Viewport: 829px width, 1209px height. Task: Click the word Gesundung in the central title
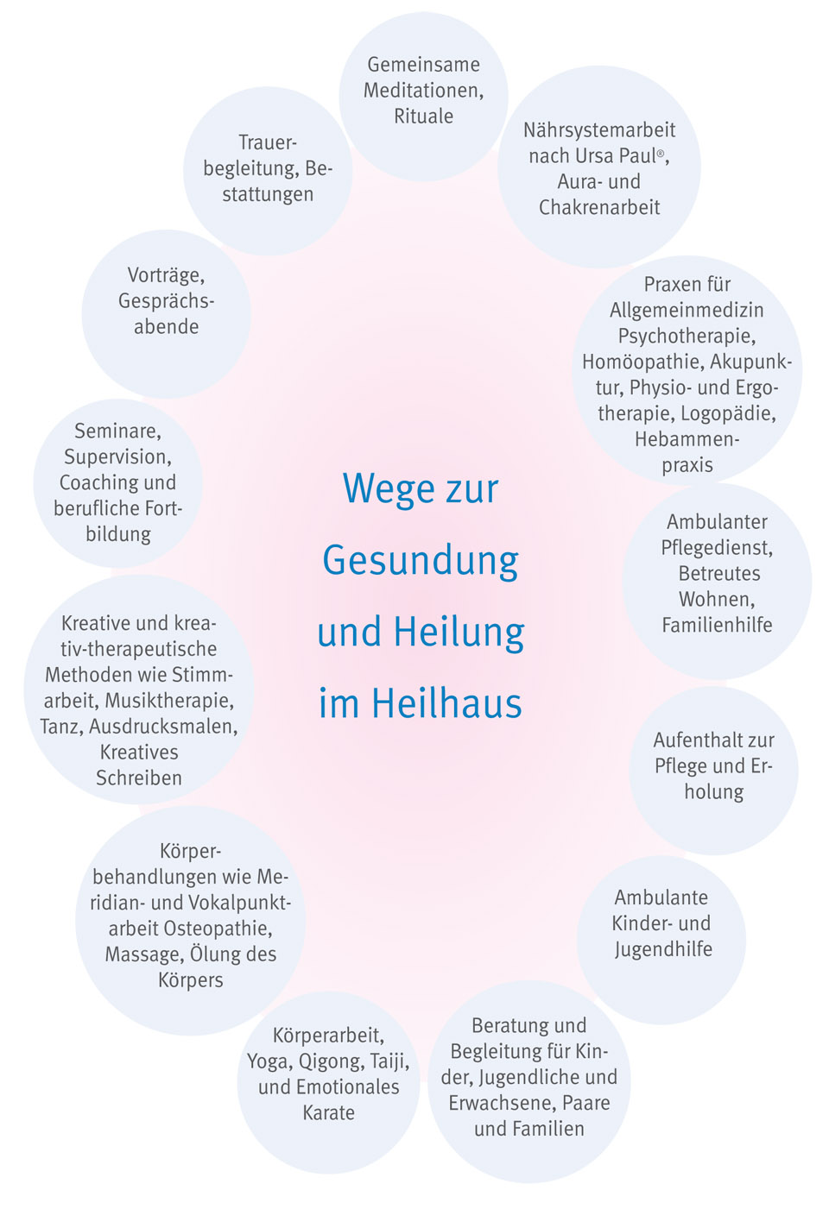421,562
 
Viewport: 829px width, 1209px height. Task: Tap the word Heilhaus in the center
446,703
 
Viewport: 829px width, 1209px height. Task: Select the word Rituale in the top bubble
423,116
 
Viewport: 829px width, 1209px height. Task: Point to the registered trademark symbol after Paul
660,154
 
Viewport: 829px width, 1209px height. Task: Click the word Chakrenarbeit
599,207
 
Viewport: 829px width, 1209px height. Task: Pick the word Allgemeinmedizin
687,311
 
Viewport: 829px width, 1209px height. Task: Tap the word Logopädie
729,413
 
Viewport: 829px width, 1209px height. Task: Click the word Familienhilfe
718,625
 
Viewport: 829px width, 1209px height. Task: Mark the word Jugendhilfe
663,949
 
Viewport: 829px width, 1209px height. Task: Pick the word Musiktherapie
169,701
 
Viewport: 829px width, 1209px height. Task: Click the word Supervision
117,457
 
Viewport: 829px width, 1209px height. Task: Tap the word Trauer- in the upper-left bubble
268,143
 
